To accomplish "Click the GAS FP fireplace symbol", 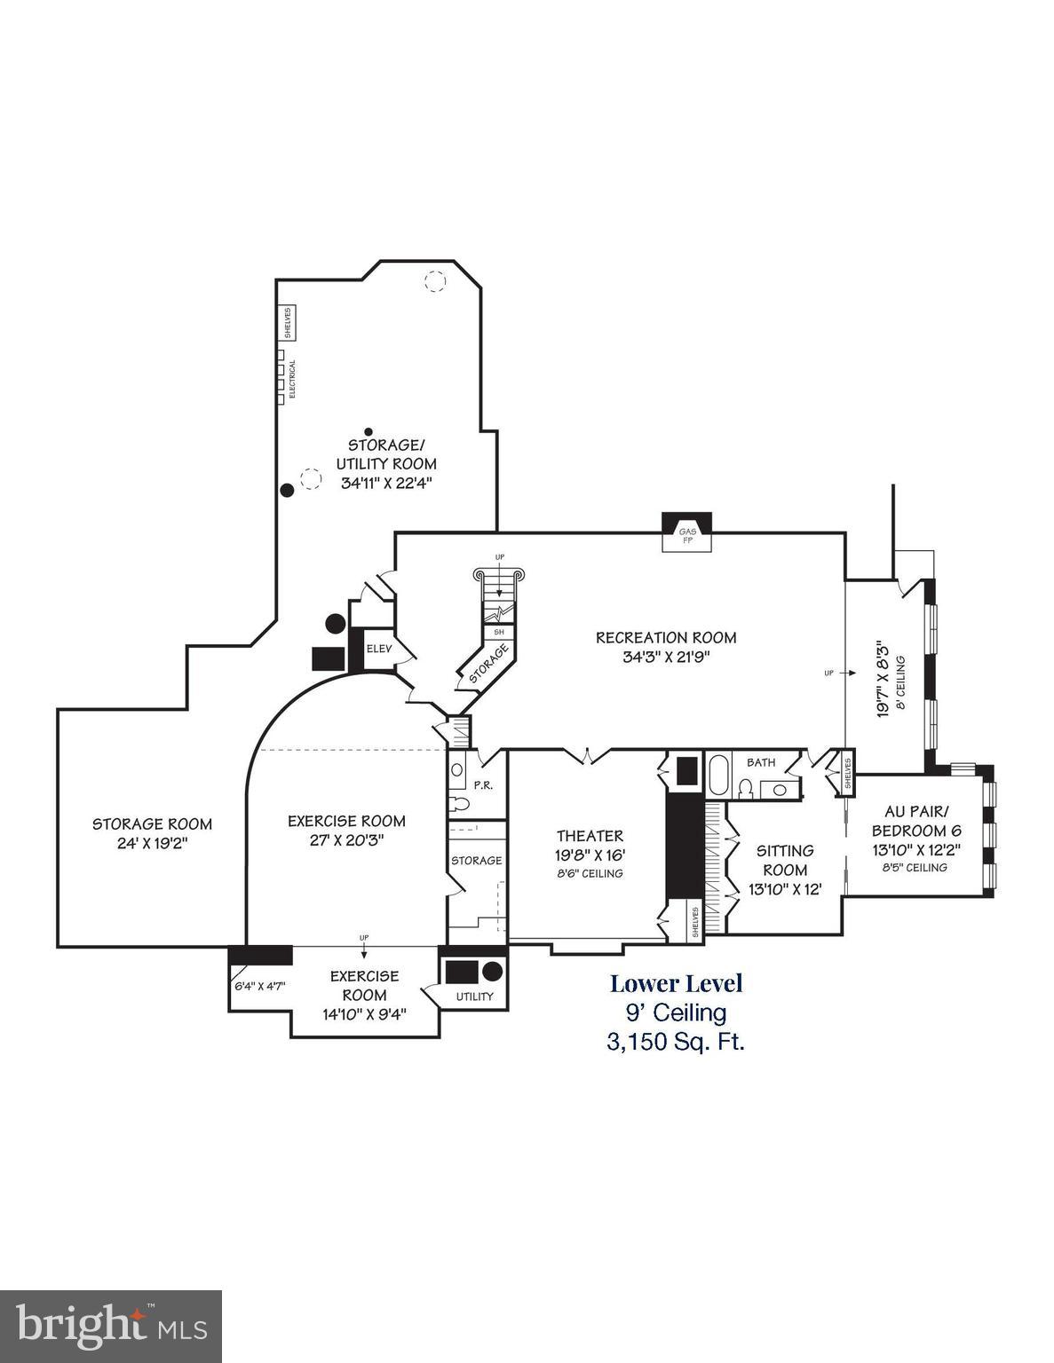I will click(686, 532).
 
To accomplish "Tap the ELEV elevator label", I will click(379, 649).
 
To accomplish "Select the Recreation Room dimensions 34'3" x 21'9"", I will click(666, 658).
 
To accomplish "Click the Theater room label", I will click(590, 836).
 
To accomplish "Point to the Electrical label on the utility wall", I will click(293, 378).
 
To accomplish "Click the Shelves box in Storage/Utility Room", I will click(288, 322).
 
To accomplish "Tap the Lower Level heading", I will click(676, 983).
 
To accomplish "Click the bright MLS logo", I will click(110, 1325).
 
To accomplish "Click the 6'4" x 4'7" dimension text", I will click(259, 986).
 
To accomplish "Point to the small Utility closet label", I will click(474, 997).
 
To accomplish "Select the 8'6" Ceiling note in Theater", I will click(590, 873).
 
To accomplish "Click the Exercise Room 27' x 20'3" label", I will click(346, 830).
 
